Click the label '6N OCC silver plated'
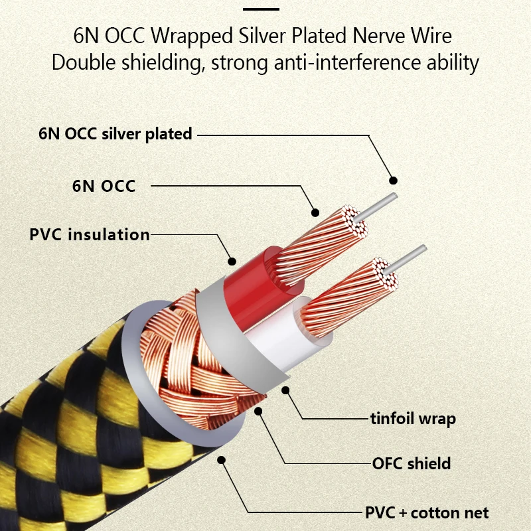[115, 133]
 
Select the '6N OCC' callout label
[104, 186]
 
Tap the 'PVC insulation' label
[90, 234]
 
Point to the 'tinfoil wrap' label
[413, 418]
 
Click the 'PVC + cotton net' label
[427, 512]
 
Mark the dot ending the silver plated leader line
[393, 180]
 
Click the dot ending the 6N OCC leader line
[315, 213]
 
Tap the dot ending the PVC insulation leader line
[232, 261]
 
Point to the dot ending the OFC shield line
[259, 411]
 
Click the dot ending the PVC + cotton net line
[221, 458]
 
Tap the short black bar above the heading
[261, 9]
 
